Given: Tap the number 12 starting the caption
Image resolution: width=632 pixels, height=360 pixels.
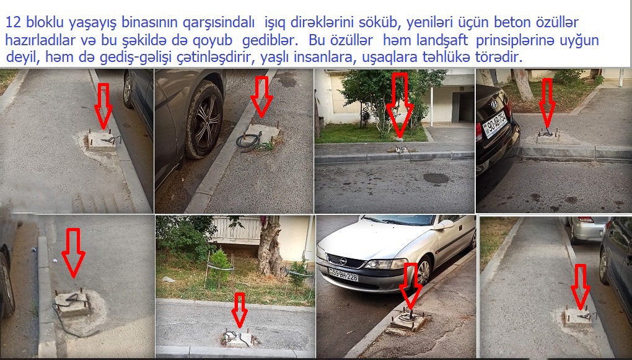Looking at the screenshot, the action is (x=13, y=22).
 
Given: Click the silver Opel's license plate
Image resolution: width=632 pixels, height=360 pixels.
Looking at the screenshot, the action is (x=343, y=275).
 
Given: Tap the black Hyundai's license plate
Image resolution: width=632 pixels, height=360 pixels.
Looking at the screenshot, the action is (x=494, y=124).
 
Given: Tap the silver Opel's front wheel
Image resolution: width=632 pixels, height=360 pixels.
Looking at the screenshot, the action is (x=423, y=273).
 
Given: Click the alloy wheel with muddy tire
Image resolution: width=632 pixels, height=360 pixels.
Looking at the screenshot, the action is (x=204, y=120).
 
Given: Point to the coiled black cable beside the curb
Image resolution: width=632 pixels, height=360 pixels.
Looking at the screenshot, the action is (x=249, y=141).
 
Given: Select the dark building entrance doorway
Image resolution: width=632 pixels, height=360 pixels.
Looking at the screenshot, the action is (x=462, y=107).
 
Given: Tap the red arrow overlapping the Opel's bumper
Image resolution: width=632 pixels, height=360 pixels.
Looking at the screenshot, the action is (x=411, y=286).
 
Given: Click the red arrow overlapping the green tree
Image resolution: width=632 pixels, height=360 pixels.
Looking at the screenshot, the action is (x=400, y=105).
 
